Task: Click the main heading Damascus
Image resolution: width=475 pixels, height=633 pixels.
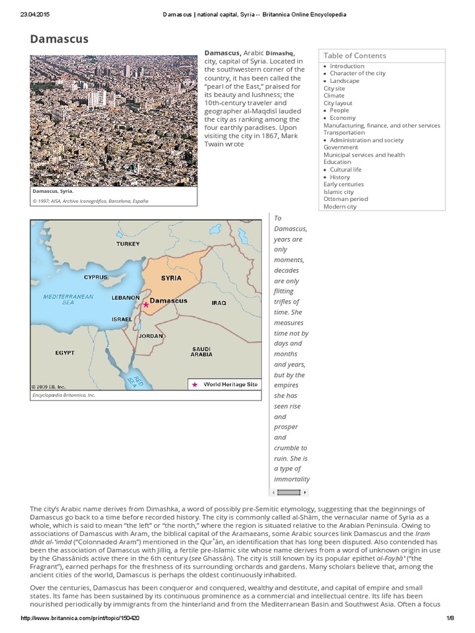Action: (59, 40)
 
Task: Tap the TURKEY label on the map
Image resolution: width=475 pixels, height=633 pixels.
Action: (128, 244)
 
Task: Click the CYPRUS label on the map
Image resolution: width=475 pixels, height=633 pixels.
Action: (96, 278)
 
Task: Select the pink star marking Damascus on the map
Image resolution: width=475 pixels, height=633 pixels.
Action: (146, 305)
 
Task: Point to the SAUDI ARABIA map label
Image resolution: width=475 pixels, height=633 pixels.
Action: (202, 352)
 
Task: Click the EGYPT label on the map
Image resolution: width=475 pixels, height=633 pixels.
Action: (64, 352)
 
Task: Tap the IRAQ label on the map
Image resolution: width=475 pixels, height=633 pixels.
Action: (219, 303)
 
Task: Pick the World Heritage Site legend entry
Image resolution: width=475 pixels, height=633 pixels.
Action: (226, 384)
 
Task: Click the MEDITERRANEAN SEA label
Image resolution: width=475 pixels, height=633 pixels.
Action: (68, 300)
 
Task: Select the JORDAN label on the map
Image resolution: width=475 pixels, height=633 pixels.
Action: (151, 336)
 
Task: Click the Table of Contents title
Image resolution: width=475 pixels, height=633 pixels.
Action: (355, 56)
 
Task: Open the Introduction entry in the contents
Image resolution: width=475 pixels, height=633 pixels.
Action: (347, 66)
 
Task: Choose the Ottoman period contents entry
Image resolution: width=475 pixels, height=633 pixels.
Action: (346, 199)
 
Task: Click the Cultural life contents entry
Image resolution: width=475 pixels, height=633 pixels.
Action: (346, 169)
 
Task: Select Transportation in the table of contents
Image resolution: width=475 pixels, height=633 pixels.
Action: (344, 132)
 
